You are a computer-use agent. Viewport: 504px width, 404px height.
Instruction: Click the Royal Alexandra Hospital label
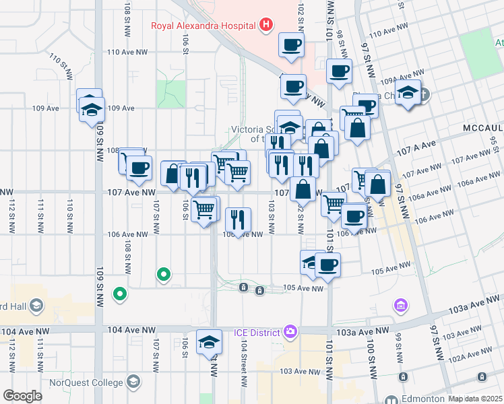(x=202, y=26)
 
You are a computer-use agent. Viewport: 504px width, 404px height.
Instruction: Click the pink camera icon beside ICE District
(x=290, y=331)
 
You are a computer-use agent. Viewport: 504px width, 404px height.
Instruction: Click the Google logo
(x=22, y=396)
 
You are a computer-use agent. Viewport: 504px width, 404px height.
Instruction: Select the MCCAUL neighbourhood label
(x=482, y=128)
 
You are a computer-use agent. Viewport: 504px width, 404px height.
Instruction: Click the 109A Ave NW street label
(x=403, y=75)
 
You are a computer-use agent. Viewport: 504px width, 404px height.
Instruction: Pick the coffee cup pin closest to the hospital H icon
(x=292, y=45)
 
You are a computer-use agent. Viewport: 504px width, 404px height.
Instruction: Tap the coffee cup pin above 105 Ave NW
(x=327, y=264)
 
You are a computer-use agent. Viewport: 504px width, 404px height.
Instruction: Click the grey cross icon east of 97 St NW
(x=425, y=94)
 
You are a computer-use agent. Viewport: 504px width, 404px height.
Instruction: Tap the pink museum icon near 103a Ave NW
(x=401, y=306)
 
